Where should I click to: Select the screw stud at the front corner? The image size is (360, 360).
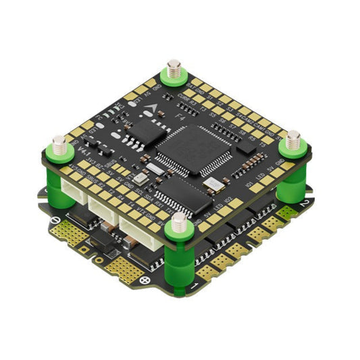179,222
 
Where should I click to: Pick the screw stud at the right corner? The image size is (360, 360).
292,140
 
